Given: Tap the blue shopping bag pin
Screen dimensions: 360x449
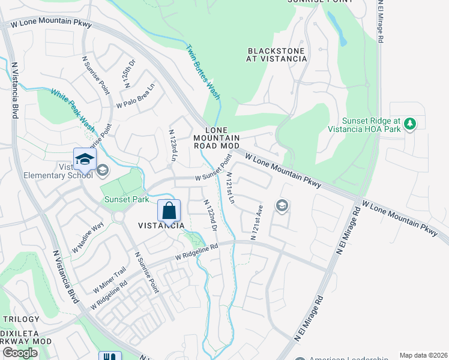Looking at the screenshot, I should pos(169,211).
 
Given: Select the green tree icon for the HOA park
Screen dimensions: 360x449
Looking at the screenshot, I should pos(410,124).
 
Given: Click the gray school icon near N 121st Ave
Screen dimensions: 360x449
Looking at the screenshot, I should pos(281,206).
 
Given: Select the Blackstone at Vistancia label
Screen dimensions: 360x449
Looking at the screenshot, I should pos(277,55).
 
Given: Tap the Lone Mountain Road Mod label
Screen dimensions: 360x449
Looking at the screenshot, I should pos(217,137).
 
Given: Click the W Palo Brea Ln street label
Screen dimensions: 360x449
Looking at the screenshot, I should pos(136,96).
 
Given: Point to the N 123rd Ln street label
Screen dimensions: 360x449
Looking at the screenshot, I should pos(173,145).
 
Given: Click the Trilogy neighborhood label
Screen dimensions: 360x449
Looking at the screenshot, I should pos(22,320).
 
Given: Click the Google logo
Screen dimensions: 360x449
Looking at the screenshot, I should pos(20,353).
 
